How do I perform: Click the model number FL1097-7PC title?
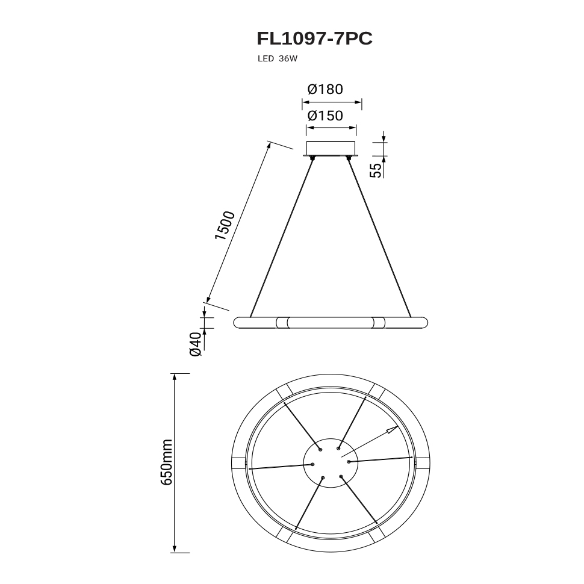click(x=314, y=39)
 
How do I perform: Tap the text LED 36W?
click(x=278, y=59)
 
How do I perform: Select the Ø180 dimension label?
click(x=325, y=89)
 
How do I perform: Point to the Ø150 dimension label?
click(x=325, y=116)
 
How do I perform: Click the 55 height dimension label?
click(x=376, y=170)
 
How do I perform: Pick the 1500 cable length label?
click(x=225, y=226)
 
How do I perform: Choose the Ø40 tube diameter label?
click(x=196, y=344)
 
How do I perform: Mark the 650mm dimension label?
click(x=166, y=462)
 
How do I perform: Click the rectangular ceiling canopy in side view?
click(x=331, y=148)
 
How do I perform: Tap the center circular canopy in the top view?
click(x=331, y=462)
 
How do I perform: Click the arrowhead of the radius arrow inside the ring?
click(x=391, y=430)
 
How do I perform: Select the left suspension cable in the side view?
click(x=282, y=237)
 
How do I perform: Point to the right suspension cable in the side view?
click(x=379, y=237)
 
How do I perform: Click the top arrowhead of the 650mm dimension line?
click(x=174, y=377)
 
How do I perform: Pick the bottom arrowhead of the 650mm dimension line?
click(x=174, y=548)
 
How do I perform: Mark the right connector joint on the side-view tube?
click(x=378, y=323)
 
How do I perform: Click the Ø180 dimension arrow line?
click(x=332, y=102)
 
